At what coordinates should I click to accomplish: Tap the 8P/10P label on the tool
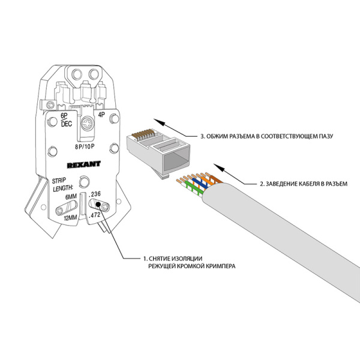click(83, 145)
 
